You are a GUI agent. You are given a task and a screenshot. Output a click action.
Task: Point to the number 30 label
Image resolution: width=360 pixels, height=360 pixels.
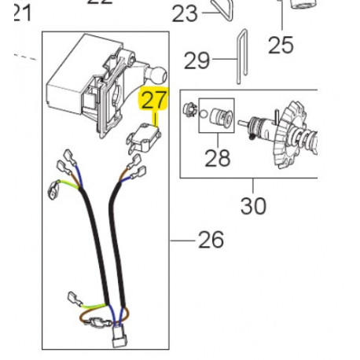tap(253, 206)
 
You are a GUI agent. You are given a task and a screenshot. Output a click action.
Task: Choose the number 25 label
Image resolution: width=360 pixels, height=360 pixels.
tap(280, 45)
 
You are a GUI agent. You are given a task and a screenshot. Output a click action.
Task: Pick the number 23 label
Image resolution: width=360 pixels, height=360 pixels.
tap(186, 13)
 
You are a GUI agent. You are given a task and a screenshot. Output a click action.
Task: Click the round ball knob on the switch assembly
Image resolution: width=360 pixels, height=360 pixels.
tap(157, 75)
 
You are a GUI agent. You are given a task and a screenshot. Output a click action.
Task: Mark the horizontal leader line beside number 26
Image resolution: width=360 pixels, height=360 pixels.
tap(184, 239)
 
